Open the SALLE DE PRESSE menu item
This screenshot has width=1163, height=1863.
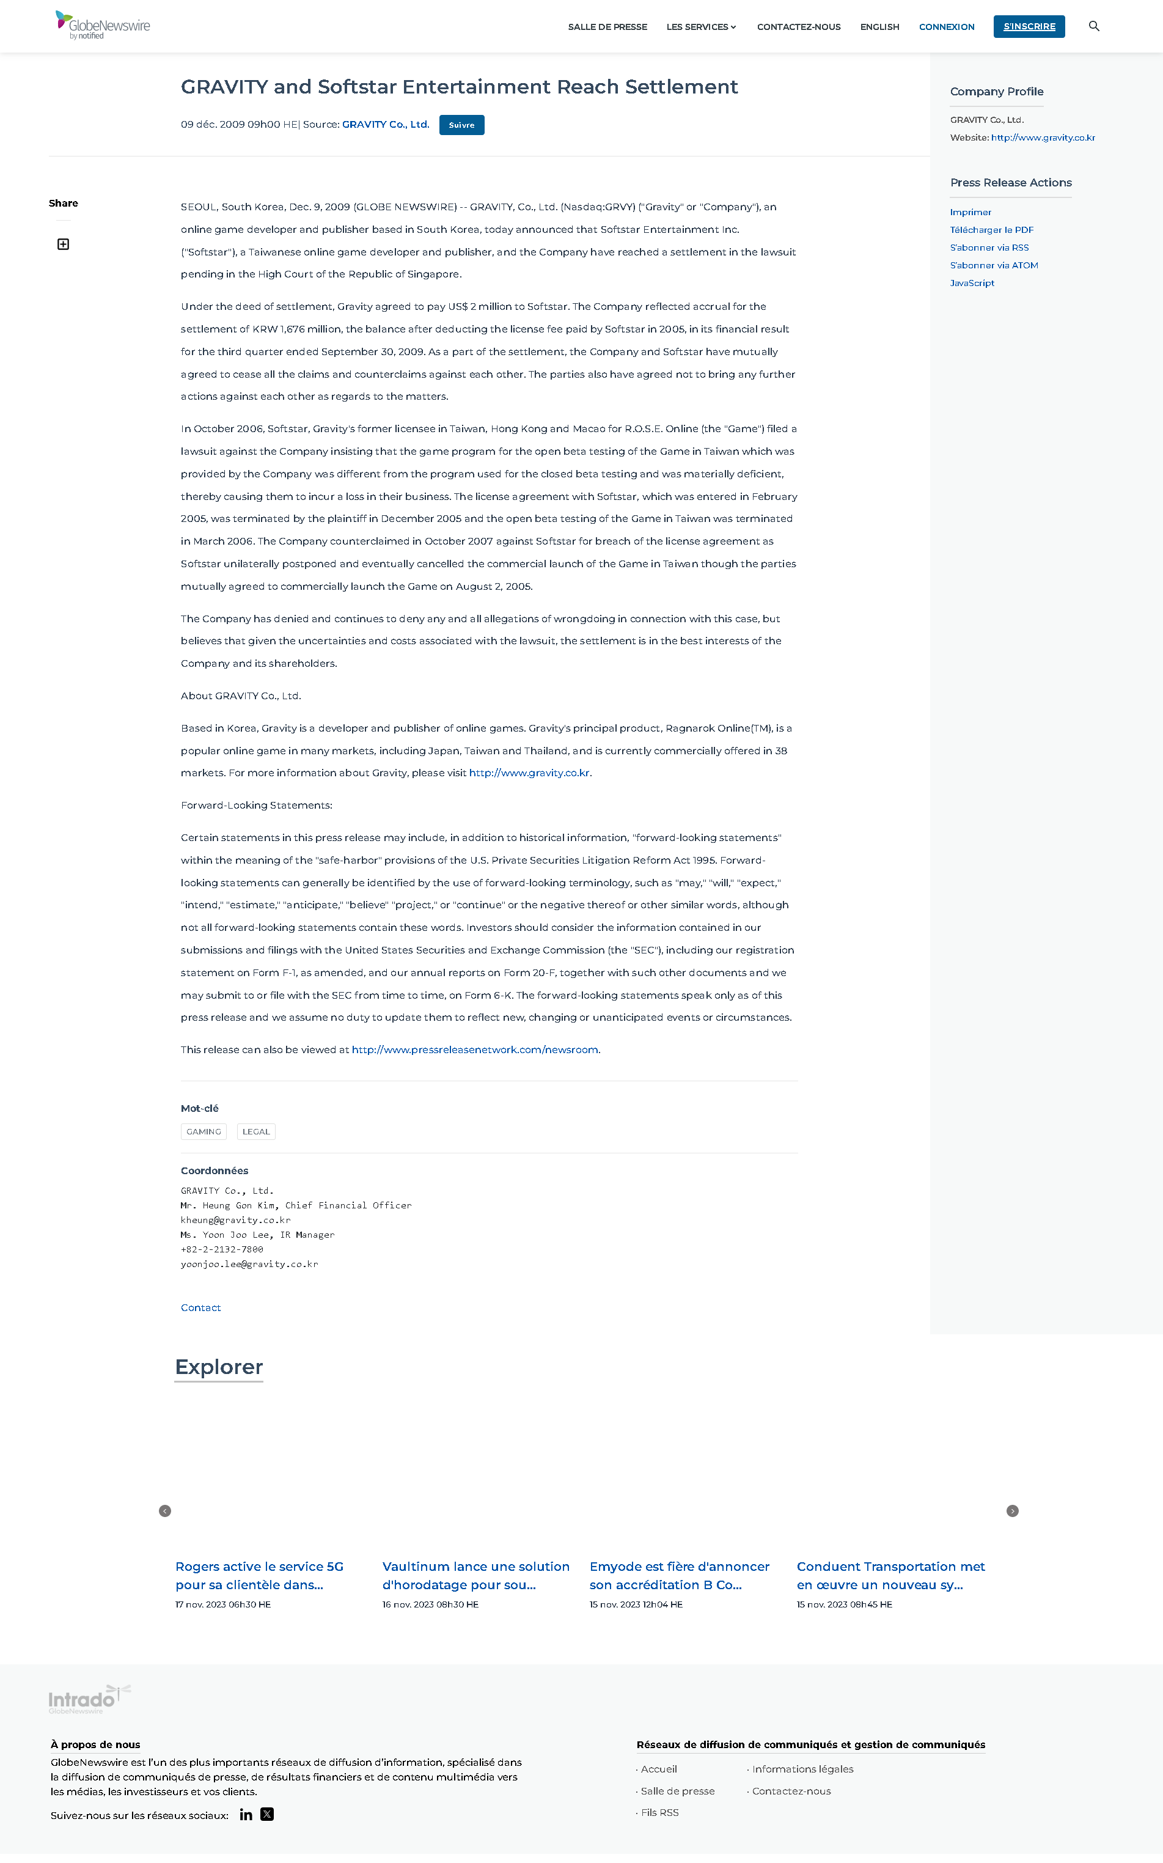pyautogui.click(x=607, y=27)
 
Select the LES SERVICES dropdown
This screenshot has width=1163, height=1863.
pyautogui.click(x=701, y=27)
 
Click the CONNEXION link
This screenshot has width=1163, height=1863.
pyautogui.click(x=946, y=27)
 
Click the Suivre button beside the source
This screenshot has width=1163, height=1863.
pyautogui.click(x=461, y=125)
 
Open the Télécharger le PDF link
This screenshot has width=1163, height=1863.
pyautogui.click(x=991, y=230)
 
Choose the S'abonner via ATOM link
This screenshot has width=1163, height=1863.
pyautogui.click(x=994, y=265)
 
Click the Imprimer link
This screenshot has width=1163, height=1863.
pyautogui.click(x=970, y=212)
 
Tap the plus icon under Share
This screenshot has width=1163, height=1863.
pyautogui.click(x=63, y=244)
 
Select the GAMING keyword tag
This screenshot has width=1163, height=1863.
pyautogui.click(x=204, y=1131)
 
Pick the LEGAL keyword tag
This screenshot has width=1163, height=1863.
pyautogui.click(x=256, y=1131)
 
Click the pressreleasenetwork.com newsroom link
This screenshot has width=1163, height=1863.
pyautogui.click(x=475, y=1050)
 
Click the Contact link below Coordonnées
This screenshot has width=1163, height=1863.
pyautogui.click(x=200, y=1307)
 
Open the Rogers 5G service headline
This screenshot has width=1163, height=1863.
pyautogui.click(x=259, y=1575)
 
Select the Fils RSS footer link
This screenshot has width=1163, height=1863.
pyautogui.click(x=660, y=1813)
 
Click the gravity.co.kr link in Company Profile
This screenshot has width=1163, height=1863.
pyautogui.click(x=1042, y=138)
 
